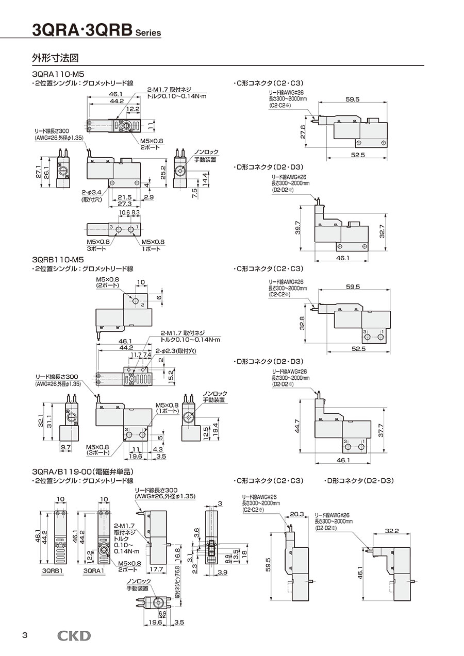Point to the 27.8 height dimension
pos(303,131)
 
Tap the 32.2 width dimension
pos(393,530)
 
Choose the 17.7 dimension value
pos(155,569)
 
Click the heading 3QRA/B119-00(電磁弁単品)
pos(82,472)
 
